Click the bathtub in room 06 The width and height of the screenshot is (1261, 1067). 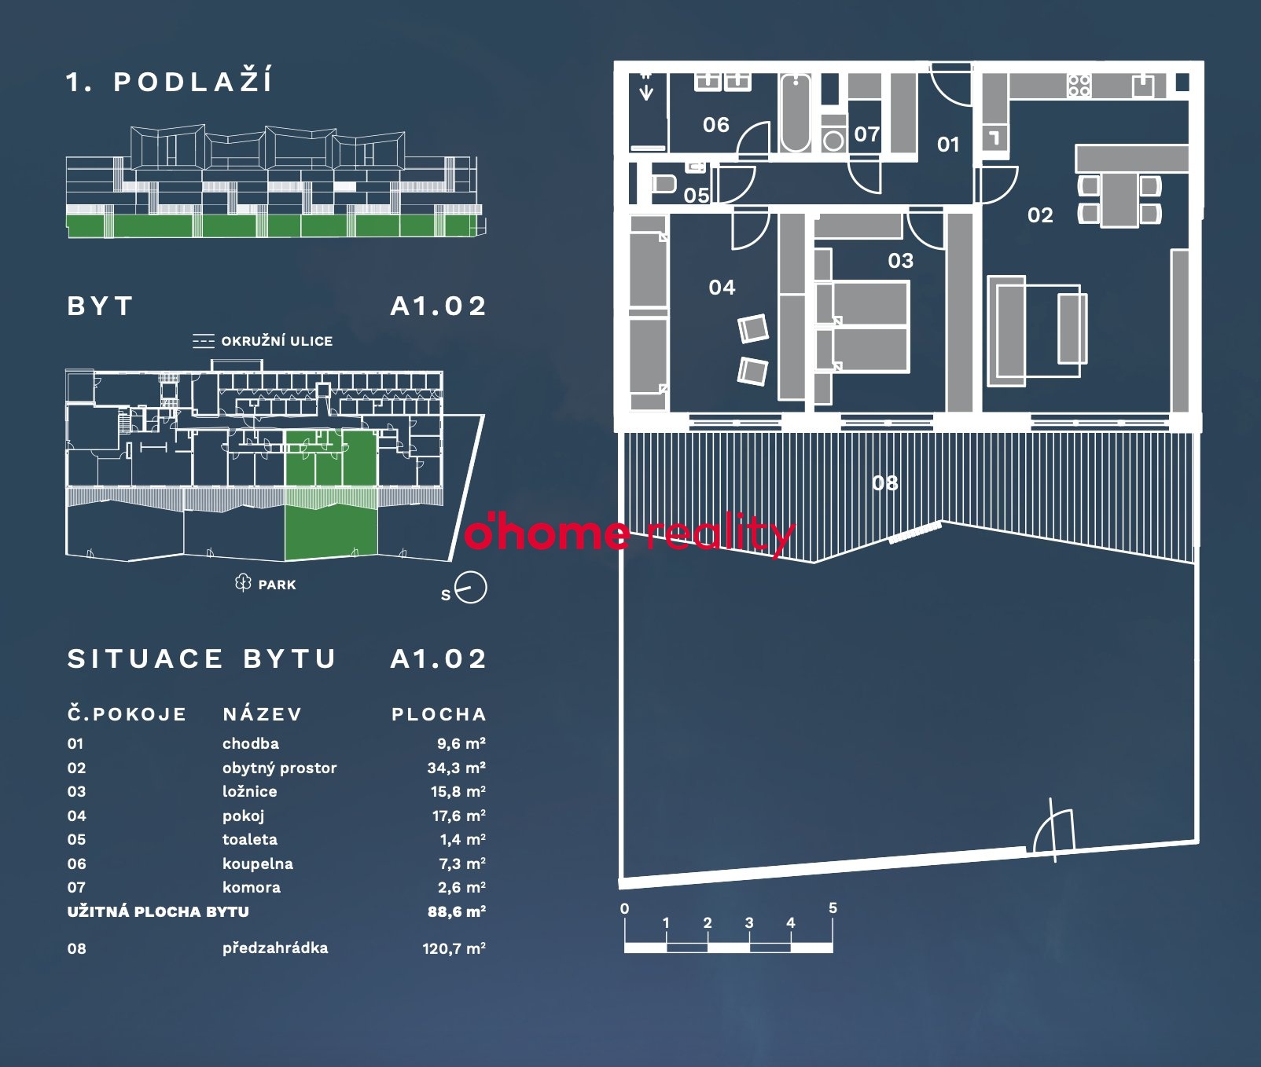pos(796,113)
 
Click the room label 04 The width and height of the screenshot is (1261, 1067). pos(722,288)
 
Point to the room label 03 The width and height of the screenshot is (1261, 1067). pos(901,261)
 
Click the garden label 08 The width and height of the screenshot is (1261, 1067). pos(885,483)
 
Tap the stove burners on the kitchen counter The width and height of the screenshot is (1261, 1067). pos(1079,85)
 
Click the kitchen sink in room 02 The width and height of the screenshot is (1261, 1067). pos(1143,85)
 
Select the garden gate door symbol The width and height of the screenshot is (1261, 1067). pos(1053,830)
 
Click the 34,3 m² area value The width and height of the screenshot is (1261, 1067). pos(456,768)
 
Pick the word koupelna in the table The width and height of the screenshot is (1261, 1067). pos(258,863)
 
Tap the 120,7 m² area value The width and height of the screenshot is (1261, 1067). pos(454,948)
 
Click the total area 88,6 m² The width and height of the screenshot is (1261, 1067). pos(456,911)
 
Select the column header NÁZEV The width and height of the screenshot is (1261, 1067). pos(263,714)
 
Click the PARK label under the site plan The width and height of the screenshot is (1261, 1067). pos(278,585)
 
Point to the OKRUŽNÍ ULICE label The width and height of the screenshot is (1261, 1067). pos(277,341)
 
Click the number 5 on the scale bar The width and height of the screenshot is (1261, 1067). pos(833,908)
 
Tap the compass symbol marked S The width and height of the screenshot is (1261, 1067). pos(470,588)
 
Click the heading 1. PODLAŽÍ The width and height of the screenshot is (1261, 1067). pos(169,82)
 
